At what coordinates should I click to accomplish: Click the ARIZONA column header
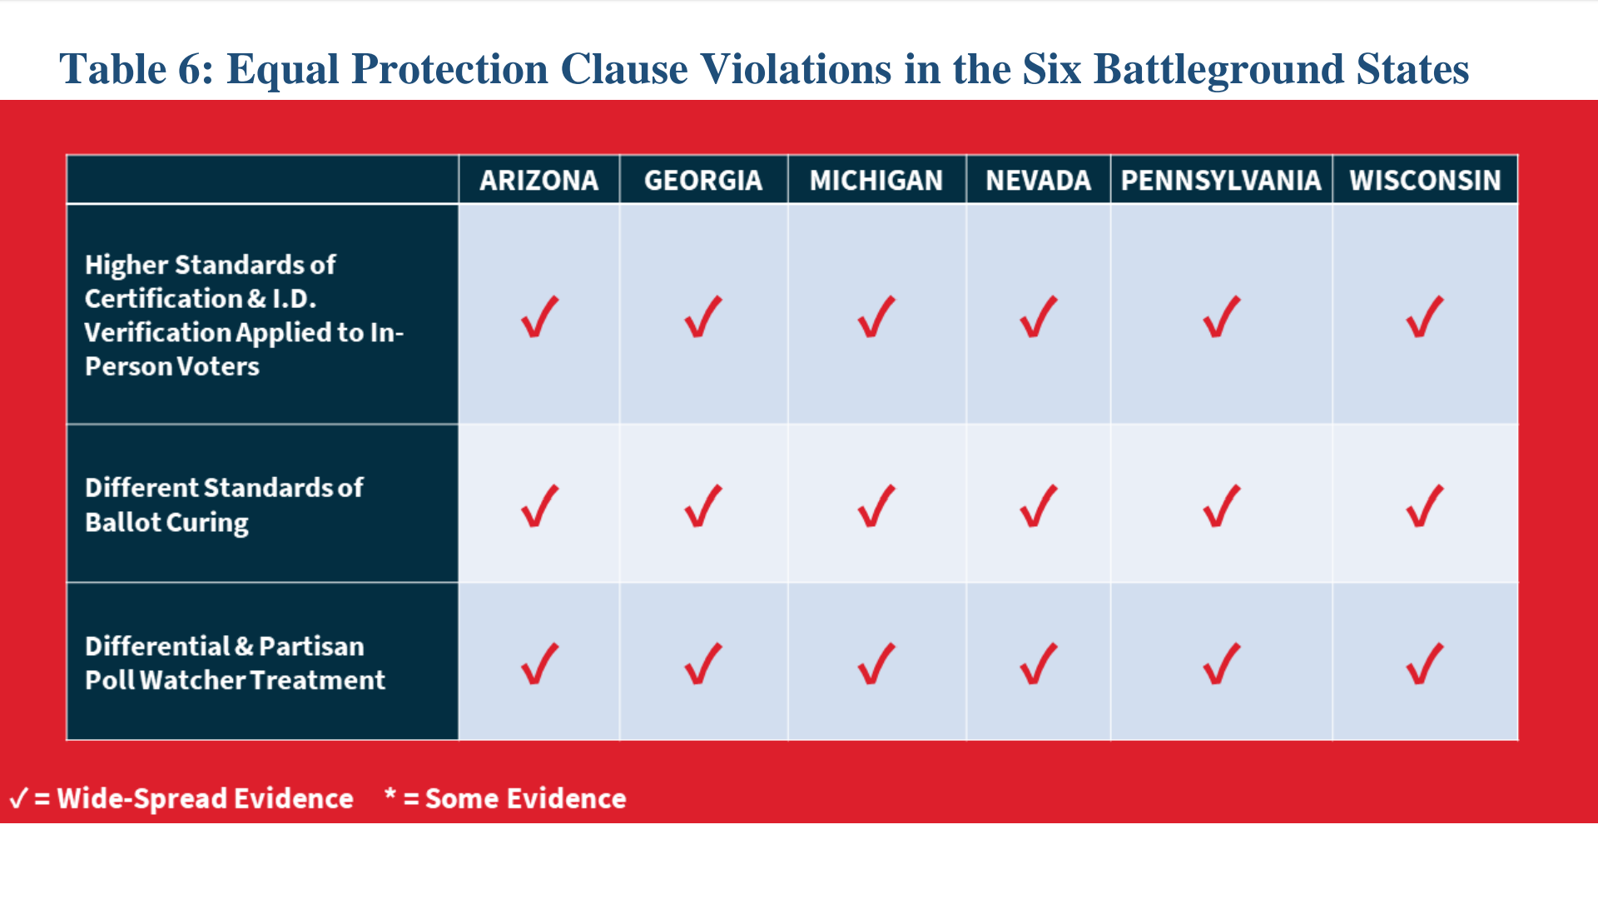(x=538, y=180)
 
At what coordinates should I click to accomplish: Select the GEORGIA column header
(x=703, y=180)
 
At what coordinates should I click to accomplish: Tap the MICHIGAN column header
(x=876, y=180)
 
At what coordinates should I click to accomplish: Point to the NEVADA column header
(x=1038, y=180)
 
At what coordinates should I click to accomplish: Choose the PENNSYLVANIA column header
(x=1221, y=180)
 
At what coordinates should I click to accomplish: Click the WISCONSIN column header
(x=1425, y=180)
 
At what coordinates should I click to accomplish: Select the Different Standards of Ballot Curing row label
(x=224, y=504)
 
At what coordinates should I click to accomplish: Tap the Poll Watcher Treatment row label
(x=235, y=663)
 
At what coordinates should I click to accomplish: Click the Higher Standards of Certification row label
(x=244, y=315)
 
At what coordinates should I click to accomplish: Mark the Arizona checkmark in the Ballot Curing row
(x=539, y=506)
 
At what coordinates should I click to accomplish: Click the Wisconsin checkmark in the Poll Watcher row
(x=1425, y=664)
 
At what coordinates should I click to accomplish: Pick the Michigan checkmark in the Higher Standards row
(x=876, y=317)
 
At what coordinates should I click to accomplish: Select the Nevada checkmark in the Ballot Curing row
(x=1039, y=506)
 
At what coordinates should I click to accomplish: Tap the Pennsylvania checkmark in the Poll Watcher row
(x=1221, y=664)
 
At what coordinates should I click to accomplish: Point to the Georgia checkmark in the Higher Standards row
(x=703, y=317)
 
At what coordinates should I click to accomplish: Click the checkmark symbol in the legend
(x=18, y=798)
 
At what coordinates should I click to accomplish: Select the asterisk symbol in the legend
(x=390, y=793)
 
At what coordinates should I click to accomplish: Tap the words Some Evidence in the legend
(x=525, y=798)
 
